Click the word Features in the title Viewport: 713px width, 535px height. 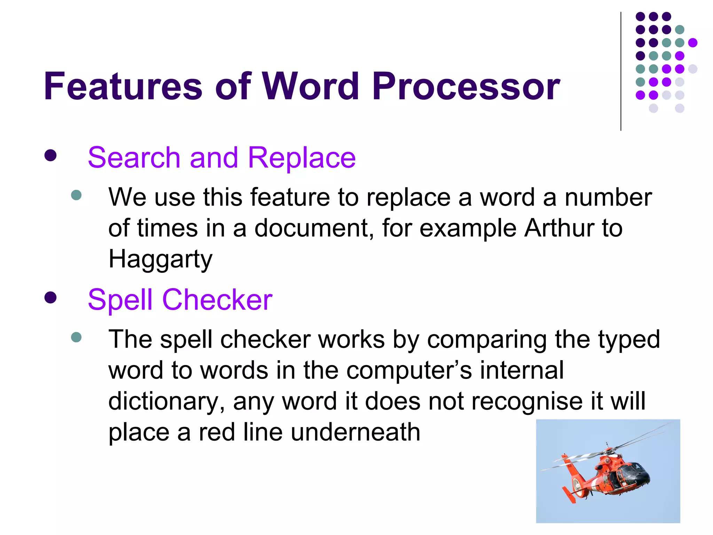(123, 86)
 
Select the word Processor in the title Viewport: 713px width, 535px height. (466, 86)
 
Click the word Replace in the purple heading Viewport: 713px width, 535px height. (301, 158)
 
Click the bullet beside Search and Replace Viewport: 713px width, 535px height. (50, 156)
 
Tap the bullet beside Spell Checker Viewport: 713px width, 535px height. (50, 297)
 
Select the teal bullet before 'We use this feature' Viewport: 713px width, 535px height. (76, 195)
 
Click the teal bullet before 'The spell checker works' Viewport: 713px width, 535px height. (76, 337)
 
